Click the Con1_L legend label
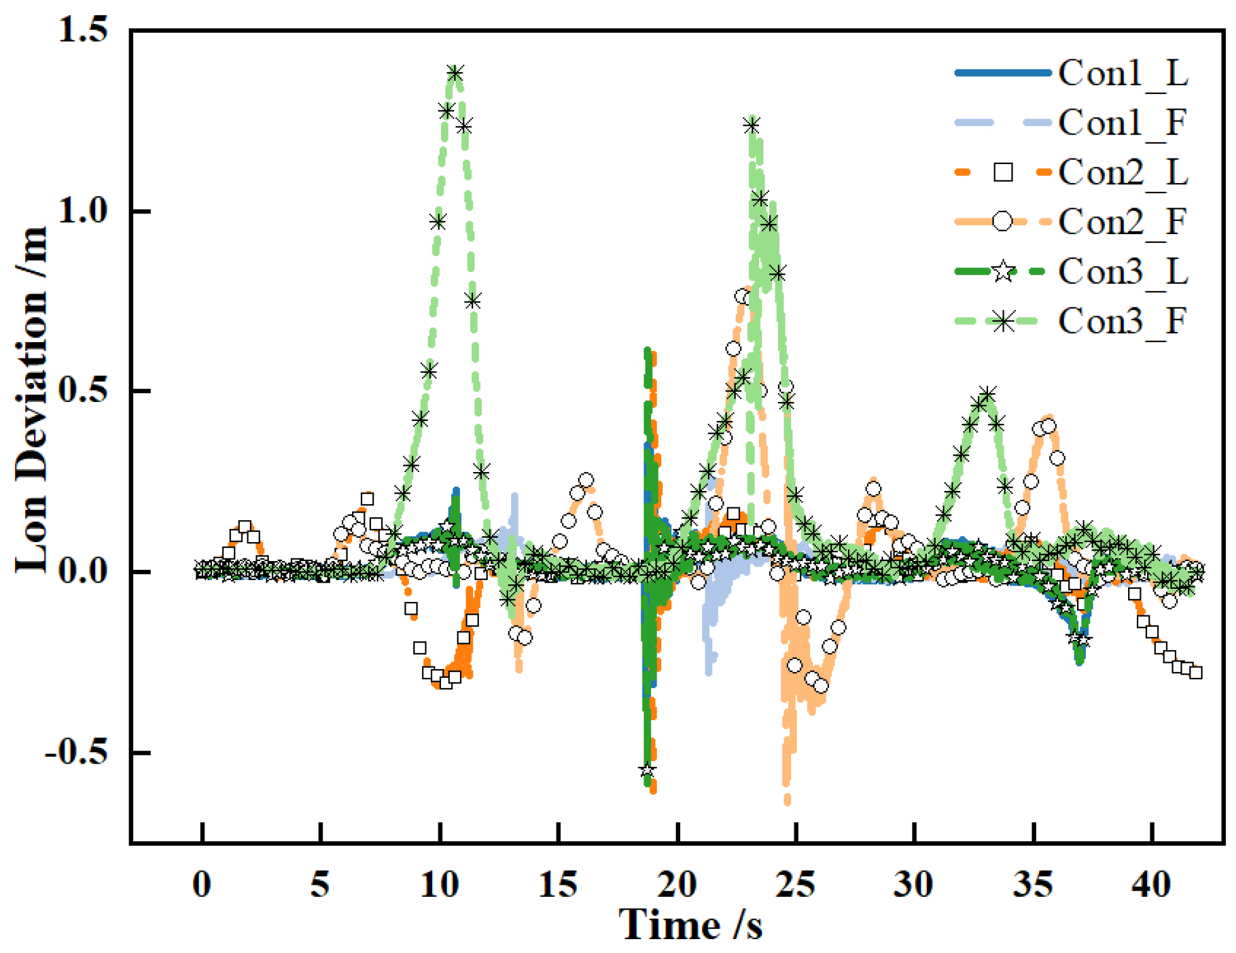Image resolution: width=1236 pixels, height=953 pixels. pyautogui.click(x=1124, y=74)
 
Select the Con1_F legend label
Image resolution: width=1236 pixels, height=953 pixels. pyautogui.click(x=1124, y=123)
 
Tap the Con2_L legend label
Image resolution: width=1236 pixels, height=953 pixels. pyautogui.click(x=1124, y=172)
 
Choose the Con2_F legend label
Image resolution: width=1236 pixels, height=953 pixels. pyautogui.click(x=1124, y=222)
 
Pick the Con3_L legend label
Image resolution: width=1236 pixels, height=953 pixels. pyautogui.click(x=1124, y=271)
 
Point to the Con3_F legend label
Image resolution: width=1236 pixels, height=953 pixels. pyautogui.click(x=1124, y=321)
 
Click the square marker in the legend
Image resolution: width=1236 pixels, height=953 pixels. pyautogui.click(x=1003, y=172)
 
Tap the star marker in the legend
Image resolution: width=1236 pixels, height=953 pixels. pyautogui.click(x=1003, y=271)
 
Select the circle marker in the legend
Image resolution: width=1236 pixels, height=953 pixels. pyautogui.click(x=1003, y=222)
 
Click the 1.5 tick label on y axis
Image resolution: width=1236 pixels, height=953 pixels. pyautogui.click(x=83, y=30)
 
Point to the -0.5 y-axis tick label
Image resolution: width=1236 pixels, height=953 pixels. pyautogui.click(x=76, y=752)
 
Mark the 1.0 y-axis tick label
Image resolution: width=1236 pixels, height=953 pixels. pyautogui.click(x=83, y=210)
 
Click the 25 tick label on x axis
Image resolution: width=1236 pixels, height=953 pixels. pyautogui.click(x=796, y=884)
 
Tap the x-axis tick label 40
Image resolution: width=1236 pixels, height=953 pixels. pyautogui.click(x=1151, y=884)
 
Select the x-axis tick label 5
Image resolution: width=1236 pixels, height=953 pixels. pyautogui.click(x=321, y=884)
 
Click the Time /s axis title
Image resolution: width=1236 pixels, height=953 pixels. pyautogui.click(x=691, y=925)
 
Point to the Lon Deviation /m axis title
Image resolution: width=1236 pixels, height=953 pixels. pyautogui.click(x=32, y=400)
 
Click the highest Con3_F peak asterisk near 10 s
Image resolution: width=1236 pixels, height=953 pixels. pyautogui.click(x=455, y=73)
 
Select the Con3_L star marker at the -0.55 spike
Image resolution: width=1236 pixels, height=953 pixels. pyautogui.click(x=647, y=771)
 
